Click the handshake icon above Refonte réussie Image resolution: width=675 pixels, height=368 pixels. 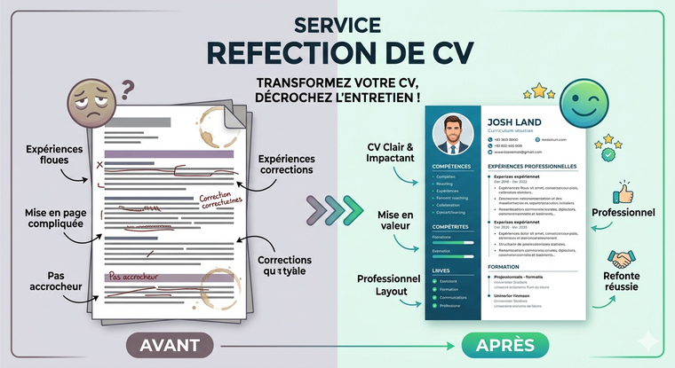(x=622, y=260)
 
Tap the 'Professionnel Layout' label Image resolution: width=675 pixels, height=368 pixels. (x=387, y=286)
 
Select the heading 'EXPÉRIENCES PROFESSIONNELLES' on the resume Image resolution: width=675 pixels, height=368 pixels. (x=533, y=167)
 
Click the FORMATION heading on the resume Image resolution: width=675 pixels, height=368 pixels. (x=504, y=267)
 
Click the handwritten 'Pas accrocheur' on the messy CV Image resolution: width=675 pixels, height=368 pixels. (x=139, y=276)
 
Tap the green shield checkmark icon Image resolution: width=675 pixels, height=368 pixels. (x=609, y=153)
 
